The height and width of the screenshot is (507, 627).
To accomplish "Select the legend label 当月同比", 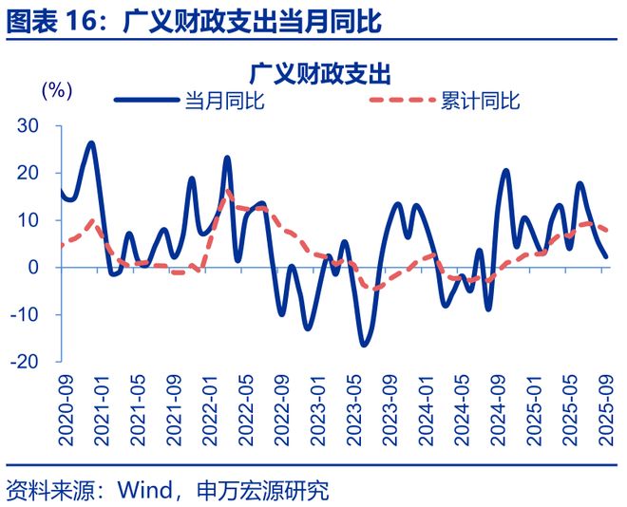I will pyautogui.click(x=224, y=102).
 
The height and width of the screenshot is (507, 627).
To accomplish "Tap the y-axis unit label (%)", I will pyautogui.click(x=57, y=91).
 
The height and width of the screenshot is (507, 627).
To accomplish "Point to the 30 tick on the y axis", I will pyautogui.click(x=29, y=126).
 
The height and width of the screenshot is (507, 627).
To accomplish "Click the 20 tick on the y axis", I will pyautogui.click(x=29, y=173).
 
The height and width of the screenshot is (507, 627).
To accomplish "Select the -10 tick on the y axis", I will pyautogui.click(x=26, y=314).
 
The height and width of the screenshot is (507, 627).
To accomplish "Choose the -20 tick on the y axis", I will pyautogui.click(x=26, y=362).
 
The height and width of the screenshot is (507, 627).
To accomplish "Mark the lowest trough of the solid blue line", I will pyautogui.click(x=363, y=343).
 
